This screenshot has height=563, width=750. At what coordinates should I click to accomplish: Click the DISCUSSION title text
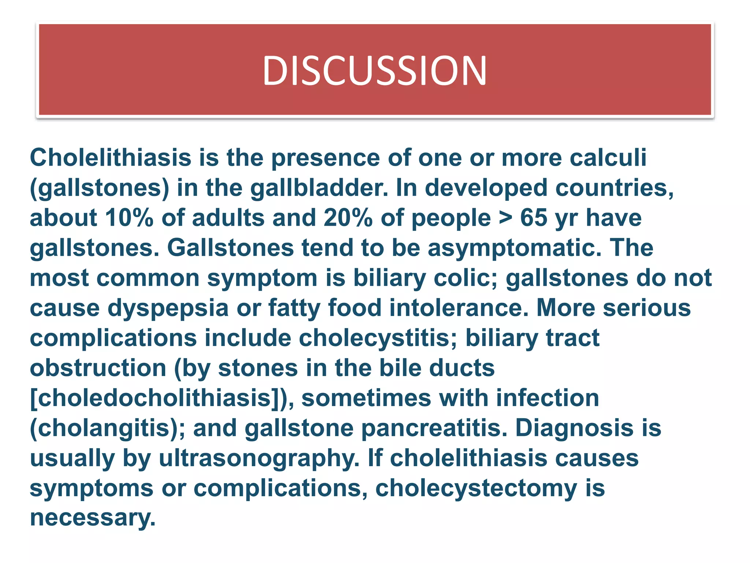[x=375, y=71]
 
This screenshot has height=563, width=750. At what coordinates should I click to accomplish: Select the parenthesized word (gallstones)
[x=100, y=188]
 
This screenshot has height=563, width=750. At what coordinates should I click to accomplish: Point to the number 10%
[x=129, y=218]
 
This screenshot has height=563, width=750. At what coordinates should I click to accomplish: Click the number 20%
[x=348, y=218]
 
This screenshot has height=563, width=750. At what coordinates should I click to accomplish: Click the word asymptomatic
[x=515, y=248]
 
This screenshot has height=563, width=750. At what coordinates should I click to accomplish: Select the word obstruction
[x=98, y=368]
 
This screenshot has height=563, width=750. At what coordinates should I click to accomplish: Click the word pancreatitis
[x=434, y=428]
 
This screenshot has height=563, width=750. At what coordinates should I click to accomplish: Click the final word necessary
[x=93, y=518]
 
